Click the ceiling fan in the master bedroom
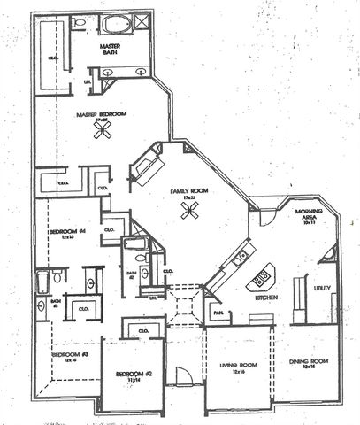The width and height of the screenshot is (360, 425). [x=103, y=130]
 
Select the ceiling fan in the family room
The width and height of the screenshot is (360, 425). [x=188, y=210]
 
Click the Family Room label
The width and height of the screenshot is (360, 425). [x=188, y=192]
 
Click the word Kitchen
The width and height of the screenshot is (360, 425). [x=267, y=298]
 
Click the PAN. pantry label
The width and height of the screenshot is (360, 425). [x=216, y=313]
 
